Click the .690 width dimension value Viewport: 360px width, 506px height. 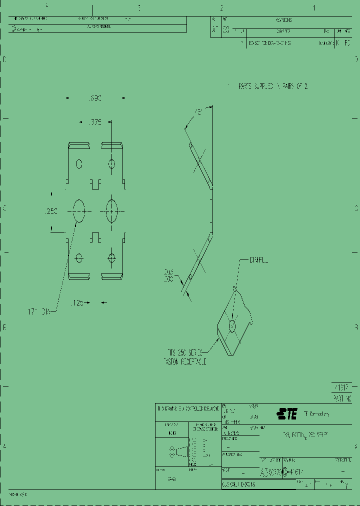coord(94,98)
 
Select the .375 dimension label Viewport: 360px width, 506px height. coord(94,121)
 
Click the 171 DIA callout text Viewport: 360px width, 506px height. coord(39,312)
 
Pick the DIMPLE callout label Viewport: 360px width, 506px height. coord(258,260)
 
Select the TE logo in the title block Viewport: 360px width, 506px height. coord(287,414)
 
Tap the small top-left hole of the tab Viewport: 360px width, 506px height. coord(78,163)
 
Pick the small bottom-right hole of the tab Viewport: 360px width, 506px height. coord(111,257)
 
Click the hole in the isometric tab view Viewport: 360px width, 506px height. coord(232,326)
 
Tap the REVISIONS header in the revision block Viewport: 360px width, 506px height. coord(283,20)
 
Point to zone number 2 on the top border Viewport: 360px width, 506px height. coord(221,8)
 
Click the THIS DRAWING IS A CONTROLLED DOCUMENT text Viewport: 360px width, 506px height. coord(188,408)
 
